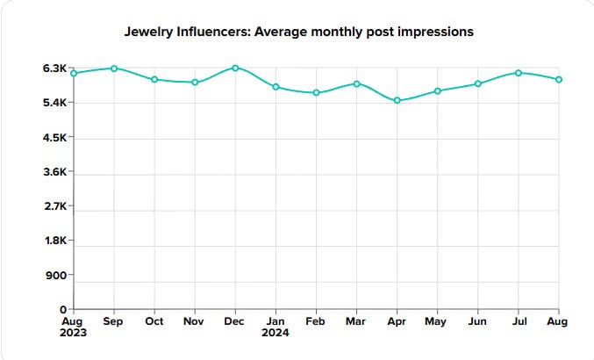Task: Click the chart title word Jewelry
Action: coord(150,32)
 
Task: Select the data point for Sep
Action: coord(114,68)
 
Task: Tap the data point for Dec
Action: coord(235,68)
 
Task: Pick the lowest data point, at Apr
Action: coord(397,100)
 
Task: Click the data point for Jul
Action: coord(519,73)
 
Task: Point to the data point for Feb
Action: coord(316,92)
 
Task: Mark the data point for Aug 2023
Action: coord(74,73)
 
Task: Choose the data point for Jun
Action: coord(478,83)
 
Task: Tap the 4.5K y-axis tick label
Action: coord(54,138)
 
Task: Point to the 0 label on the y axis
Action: coord(63,309)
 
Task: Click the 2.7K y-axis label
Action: coord(54,206)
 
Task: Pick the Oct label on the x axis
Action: coord(154,321)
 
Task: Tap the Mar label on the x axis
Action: coord(356,321)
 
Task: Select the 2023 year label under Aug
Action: coord(75,334)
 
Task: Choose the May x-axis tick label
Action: coord(437,321)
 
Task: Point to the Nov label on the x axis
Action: coord(195,321)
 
